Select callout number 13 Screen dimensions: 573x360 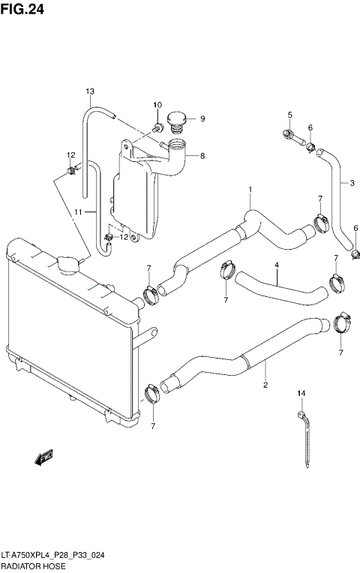(x=89, y=92)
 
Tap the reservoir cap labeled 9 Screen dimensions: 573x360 (x=178, y=119)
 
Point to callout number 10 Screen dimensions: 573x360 (x=157, y=105)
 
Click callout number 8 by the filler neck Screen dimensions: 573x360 (x=201, y=156)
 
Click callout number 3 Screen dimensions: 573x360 (x=351, y=182)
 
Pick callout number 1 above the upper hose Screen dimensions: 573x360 (x=250, y=190)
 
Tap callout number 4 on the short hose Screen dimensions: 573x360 (x=276, y=265)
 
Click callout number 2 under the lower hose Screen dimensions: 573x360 (x=265, y=386)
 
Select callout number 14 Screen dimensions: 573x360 (x=301, y=393)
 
